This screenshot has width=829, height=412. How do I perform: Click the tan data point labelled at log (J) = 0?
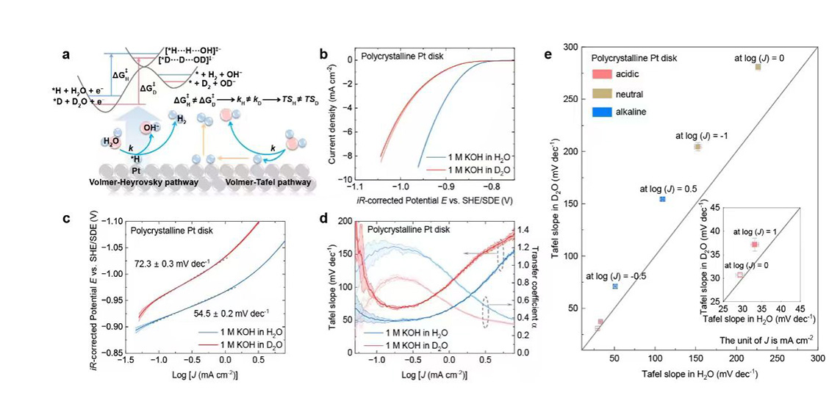coord(758,67)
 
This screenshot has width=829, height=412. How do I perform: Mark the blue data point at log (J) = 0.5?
coord(662,199)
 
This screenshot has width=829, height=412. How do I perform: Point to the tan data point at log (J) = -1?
coord(697,147)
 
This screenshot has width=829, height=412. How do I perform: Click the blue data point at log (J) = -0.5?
coord(615,286)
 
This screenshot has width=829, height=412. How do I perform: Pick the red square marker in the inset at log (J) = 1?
coord(754,245)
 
